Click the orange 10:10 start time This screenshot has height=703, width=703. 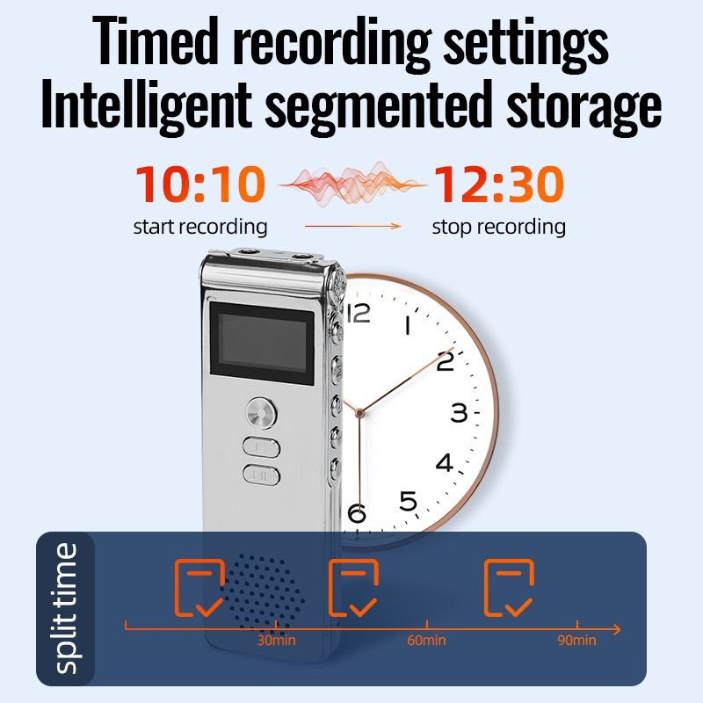click(x=200, y=184)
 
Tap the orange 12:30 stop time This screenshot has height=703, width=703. click(x=498, y=184)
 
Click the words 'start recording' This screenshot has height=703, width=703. click(x=200, y=227)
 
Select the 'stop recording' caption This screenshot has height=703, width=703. click(x=498, y=227)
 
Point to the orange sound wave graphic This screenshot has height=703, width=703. click(x=353, y=185)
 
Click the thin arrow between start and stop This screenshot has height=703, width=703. click(x=353, y=227)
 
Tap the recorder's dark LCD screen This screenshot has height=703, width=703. click(x=262, y=344)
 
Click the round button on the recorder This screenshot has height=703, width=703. click(x=261, y=412)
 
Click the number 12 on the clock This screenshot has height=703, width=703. click(x=359, y=313)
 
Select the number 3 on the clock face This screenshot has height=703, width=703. click(x=459, y=412)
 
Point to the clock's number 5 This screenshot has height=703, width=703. click(x=408, y=501)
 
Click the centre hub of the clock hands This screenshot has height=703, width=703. click(x=359, y=412)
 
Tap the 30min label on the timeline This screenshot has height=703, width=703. click(x=276, y=641)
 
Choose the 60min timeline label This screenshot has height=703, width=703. click(x=426, y=641)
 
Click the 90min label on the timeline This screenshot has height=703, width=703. click(x=576, y=641)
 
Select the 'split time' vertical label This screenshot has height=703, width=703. click(x=65, y=608)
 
